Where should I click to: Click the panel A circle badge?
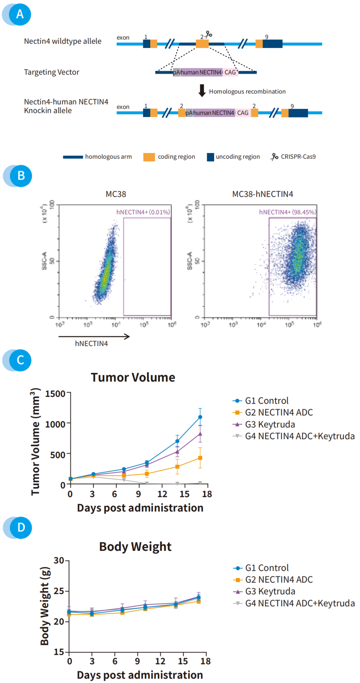[x=20, y=14]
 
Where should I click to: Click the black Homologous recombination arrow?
[x=202, y=90]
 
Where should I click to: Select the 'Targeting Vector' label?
[x=51, y=72]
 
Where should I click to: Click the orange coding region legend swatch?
[x=149, y=157]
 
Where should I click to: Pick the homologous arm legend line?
[x=73, y=157]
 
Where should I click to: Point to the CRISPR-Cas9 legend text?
[x=298, y=157]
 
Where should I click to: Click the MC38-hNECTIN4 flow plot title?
[x=262, y=194]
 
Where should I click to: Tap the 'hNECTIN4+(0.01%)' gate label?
[x=143, y=212]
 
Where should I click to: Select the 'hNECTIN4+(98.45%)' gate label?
[x=287, y=212]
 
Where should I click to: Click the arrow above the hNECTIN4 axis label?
[x=94, y=337]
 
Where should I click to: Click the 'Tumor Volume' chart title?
[x=133, y=377]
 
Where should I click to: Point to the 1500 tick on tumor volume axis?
[x=55, y=394]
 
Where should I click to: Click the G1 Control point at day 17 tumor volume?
[x=200, y=417]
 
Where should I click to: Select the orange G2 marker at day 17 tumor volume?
[x=200, y=458]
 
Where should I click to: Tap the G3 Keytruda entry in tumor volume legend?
[x=270, y=424]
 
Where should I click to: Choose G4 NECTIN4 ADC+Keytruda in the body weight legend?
[x=300, y=603]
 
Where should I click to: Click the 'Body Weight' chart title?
[x=135, y=547]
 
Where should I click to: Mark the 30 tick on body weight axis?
[x=59, y=561]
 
